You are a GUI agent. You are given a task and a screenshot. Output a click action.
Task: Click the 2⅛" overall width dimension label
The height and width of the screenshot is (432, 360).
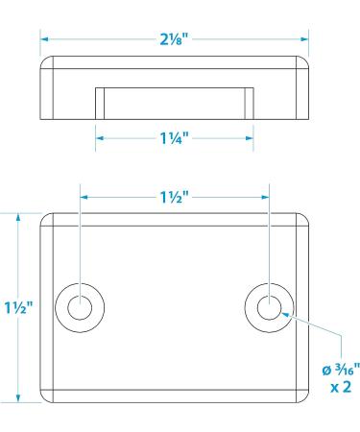pyautogui.click(x=176, y=39)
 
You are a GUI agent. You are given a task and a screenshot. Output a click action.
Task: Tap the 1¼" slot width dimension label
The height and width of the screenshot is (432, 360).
pyautogui.click(x=175, y=138)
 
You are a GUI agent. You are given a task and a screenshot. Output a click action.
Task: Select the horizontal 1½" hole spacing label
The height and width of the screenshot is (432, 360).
pyautogui.click(x=176, y=197)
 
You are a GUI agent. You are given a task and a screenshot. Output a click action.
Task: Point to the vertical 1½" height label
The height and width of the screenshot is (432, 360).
pyautogui.click(x=18, y=307)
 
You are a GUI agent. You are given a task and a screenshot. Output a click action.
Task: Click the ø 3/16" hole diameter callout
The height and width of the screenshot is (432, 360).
pyautogui.click(x=341, y=370)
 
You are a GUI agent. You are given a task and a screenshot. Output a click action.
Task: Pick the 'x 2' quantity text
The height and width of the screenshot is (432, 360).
pyautogui.click(x=341, y=387)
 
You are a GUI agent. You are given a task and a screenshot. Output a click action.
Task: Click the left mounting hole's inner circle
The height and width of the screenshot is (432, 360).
pyautogui.click(x=80, y=307)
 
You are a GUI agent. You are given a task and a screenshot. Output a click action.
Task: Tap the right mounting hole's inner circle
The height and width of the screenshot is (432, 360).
pyautogui.click(x=269, y=307)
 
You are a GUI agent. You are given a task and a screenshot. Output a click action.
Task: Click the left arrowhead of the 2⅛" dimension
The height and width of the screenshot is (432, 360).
pyautogui.click(x=44, y=39)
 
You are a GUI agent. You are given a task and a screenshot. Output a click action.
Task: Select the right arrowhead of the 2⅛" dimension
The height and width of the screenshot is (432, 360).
pyautogui.click(x=304, y=39)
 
